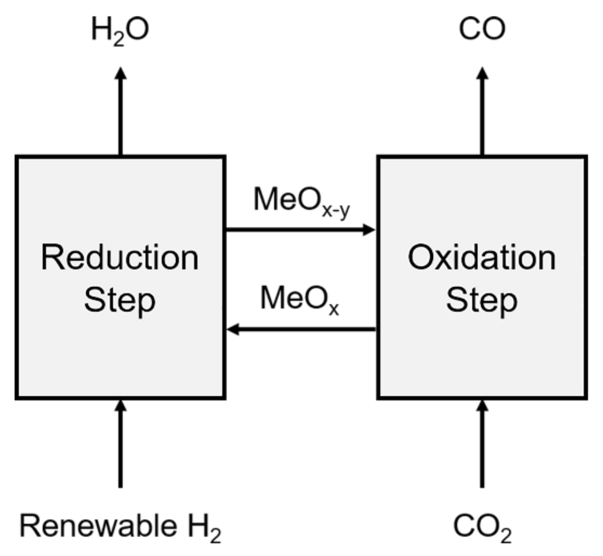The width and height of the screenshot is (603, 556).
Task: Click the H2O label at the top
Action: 120,30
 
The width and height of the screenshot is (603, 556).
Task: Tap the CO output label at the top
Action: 482,29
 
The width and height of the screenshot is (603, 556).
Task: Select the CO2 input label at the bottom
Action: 482,527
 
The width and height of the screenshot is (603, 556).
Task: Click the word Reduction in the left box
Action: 120,258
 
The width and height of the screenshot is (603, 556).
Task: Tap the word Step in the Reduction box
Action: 120,301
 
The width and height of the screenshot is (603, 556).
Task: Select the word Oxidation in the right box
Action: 482,258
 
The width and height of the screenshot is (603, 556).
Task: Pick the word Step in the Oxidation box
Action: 482,301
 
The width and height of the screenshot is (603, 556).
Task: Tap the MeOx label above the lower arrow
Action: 300,299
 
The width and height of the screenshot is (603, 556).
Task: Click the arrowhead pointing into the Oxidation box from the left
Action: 369,230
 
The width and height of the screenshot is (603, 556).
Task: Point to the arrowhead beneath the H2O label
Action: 121,73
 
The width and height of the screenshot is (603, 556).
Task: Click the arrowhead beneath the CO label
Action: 482,73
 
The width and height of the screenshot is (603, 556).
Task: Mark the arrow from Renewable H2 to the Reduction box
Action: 121,445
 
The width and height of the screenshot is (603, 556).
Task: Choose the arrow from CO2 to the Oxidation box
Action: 482,445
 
